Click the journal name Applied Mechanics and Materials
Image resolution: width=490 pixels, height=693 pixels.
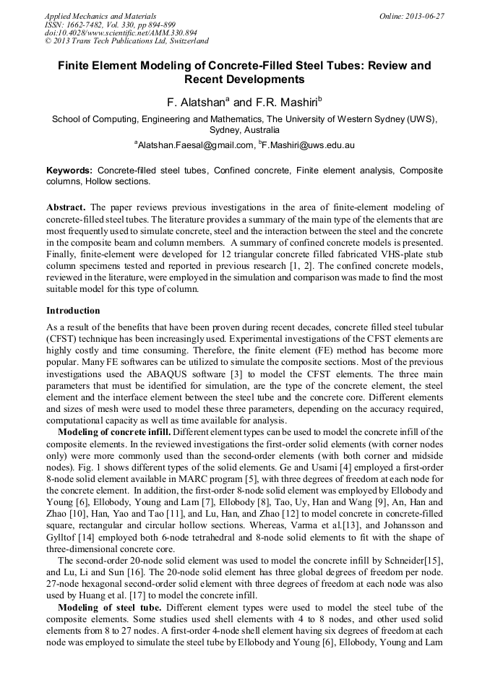[100, 15]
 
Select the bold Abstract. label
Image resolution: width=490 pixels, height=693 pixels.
[66, 207]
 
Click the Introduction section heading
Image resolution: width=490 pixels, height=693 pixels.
[73, 310]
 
